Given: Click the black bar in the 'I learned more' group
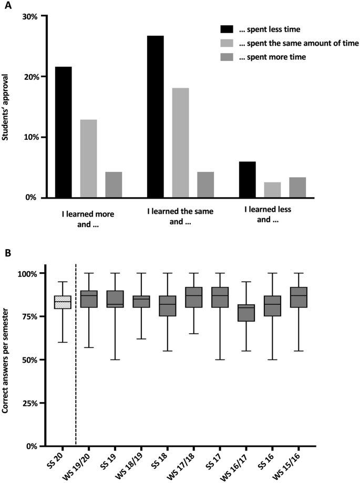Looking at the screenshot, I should (63, 132).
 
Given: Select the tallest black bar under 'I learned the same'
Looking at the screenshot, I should (155, 117).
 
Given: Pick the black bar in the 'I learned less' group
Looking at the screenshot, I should (247, 179).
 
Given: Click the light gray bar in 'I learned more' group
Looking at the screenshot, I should (88, 158).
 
